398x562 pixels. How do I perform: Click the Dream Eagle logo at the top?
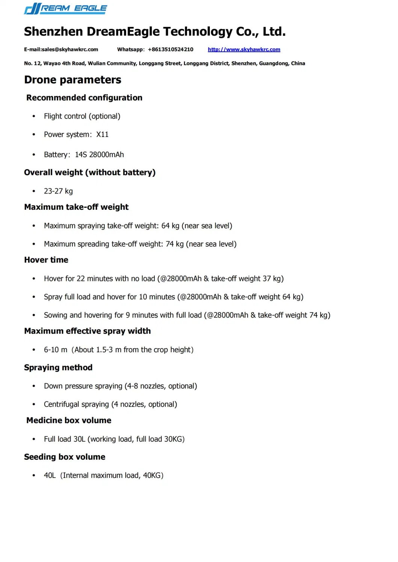(x=65, y=9)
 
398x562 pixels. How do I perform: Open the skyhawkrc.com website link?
(x=244, y=50)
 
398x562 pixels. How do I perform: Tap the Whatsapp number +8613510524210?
(x=170, y=50)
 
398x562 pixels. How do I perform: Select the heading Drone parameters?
(x=72, y=80)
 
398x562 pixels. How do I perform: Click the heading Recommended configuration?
(x=84, y=98)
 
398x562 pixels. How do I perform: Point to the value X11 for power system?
(x=102, y=135)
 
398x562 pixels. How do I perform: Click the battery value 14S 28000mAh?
(x=99, y=155)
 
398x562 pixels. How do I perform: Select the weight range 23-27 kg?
(x=58, y=191)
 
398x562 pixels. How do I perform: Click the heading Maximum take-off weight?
(x=76, y=207)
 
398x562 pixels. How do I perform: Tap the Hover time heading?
(x=46, y=260)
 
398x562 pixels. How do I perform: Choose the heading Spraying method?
(x=58, y=368)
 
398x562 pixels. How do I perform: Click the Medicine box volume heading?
(x=69, y=421)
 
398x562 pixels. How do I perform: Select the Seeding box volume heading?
(x=65, y=457)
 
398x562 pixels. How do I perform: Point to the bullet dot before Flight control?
(x=34, y=117)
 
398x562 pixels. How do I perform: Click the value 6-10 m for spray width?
(x=55, y=350)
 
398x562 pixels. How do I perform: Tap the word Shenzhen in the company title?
(x=53, y=32)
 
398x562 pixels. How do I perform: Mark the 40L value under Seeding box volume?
(x=50, y=476)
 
